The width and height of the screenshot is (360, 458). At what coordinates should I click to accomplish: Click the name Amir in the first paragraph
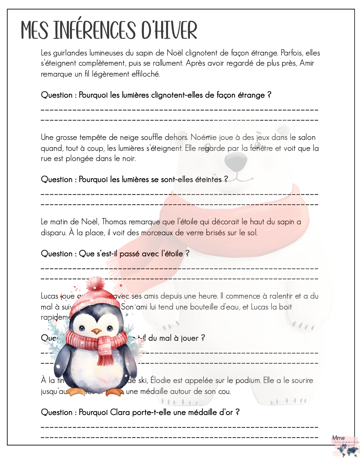pos(307,63)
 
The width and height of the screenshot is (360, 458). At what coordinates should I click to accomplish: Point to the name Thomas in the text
pos(116,222)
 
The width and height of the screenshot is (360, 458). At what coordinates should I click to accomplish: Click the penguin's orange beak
pos(96,332)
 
